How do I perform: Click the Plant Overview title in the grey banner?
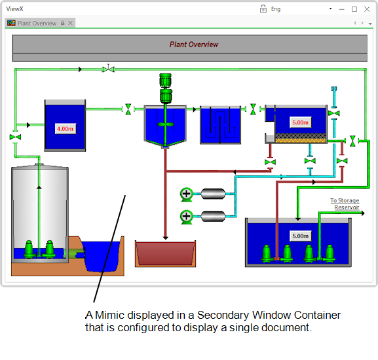coord(194,45)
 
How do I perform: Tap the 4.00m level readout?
coord(65,129)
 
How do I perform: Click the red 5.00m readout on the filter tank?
coord(301,122)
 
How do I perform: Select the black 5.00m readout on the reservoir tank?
coord(301,236)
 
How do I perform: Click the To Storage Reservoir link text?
coord(345,204)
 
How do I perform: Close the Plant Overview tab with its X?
coord(70,23)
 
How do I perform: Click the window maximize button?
coord(354,9)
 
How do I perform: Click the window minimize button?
coord(342,9)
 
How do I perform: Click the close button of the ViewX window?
coord(367,9)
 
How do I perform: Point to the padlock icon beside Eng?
coord(263,9)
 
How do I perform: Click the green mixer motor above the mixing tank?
coord(166,88)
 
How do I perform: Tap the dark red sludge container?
coord(165,253)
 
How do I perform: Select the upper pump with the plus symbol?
coord(186,194)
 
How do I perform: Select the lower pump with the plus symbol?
coord(186,217)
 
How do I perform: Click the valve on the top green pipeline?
coord(108,69)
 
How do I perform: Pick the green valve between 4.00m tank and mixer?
coord(128,109)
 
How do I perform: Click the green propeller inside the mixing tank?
coord(165,124)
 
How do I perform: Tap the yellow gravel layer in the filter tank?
coord(301,140)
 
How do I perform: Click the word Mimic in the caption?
coord(110,315)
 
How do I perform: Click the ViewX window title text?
coord(14,9)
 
